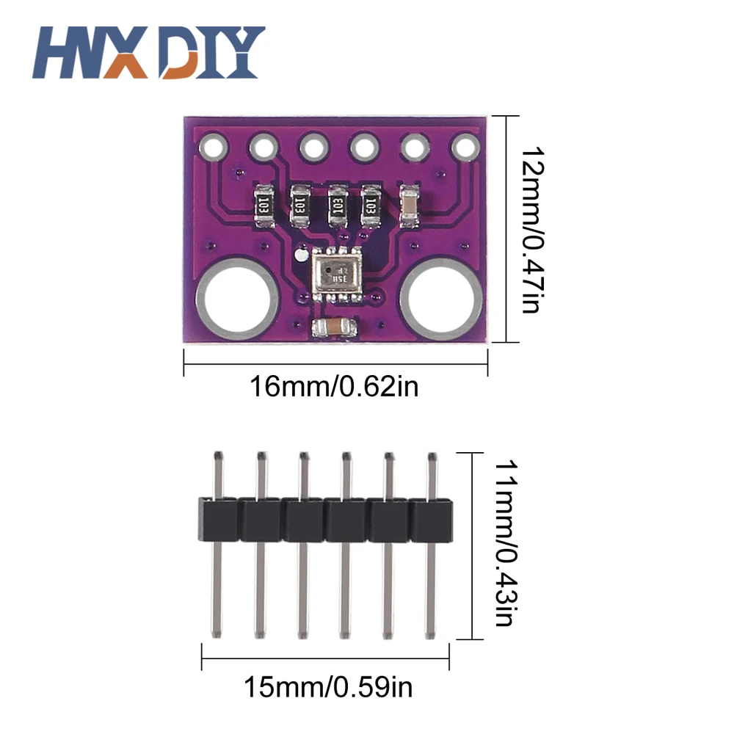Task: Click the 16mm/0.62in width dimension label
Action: (x=334, y=385)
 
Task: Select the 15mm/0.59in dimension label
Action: (x=328, y=688)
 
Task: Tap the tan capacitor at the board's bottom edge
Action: (x=333, y=327)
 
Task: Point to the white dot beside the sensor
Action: (x=299, y=257)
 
